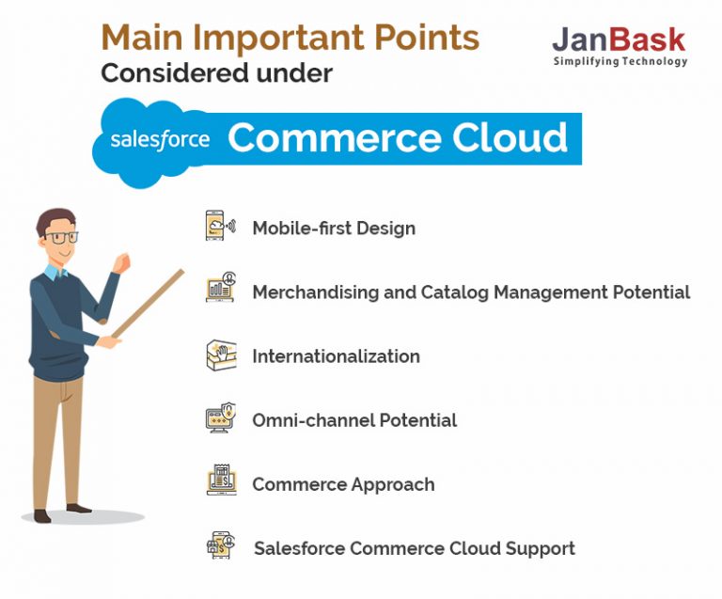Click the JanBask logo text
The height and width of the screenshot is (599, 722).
point(619,39)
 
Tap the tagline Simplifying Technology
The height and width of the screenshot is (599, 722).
point(620,62)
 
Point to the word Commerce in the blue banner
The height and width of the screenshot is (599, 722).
point(321,138)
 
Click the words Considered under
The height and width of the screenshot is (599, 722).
point(216,73)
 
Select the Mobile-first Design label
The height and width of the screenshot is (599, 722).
point(334,228)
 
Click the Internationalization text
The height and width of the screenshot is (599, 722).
point(336,356)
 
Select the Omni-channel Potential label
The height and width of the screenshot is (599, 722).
point(354,420)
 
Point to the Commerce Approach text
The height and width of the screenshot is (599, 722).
point(343,484)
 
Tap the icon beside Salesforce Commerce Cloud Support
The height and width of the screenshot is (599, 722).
point(221,545)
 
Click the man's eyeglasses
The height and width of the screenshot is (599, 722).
point(63,238)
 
